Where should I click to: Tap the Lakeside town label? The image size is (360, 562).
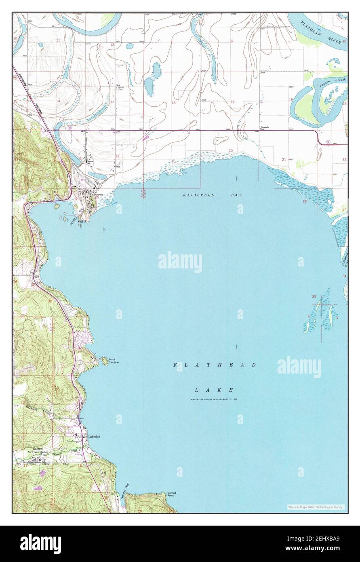click(94, 437)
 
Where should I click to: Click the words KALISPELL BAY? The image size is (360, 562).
click(212, 195)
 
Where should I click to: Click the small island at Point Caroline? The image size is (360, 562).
click(105, 359)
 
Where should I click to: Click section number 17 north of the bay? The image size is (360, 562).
click(232, 102)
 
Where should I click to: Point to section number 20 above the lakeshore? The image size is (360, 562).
click(231, 150)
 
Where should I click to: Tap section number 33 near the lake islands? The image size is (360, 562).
click(314, 297)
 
